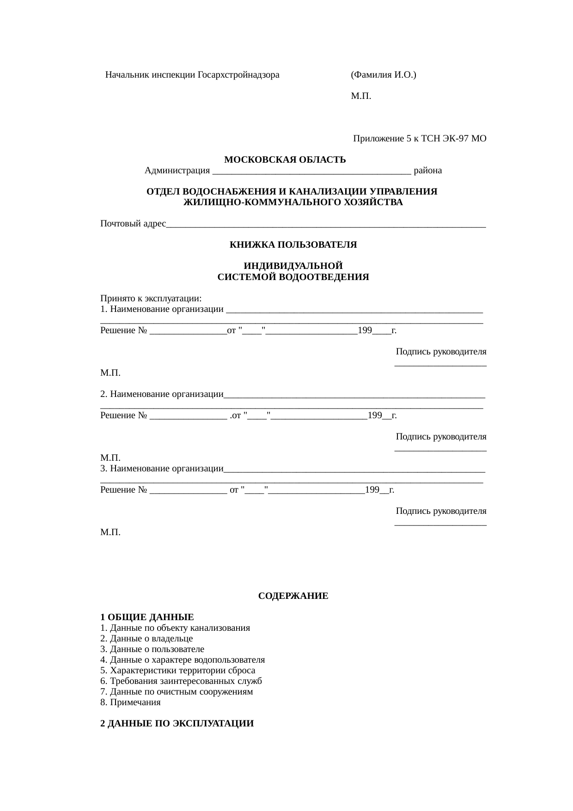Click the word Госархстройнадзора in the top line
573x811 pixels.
(x=238, y=75)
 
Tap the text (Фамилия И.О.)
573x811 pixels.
(x=383, y=75)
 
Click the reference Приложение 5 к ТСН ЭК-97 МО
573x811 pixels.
(x=420, y=139)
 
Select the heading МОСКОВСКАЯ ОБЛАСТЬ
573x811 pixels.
(x=285, y=160)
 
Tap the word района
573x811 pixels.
(x=427, y=171)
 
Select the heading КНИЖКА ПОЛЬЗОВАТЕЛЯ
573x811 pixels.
(x=293, y=245)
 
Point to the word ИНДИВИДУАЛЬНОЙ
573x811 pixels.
(x=293, y=266)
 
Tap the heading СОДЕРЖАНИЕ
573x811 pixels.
(x=293, y=596)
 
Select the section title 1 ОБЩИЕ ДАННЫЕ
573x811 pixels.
(x=147, y=617)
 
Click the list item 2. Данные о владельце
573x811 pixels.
(x=146, y=639)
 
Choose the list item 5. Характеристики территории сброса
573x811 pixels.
(x=177, y=671)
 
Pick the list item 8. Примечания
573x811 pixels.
(x=130, y=702)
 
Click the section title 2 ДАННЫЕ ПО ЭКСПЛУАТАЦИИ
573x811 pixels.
(x=177, y=724)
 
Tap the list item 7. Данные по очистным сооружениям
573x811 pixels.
(x=177, y=692)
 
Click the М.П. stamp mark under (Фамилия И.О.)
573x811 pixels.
(x=360, y=96)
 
